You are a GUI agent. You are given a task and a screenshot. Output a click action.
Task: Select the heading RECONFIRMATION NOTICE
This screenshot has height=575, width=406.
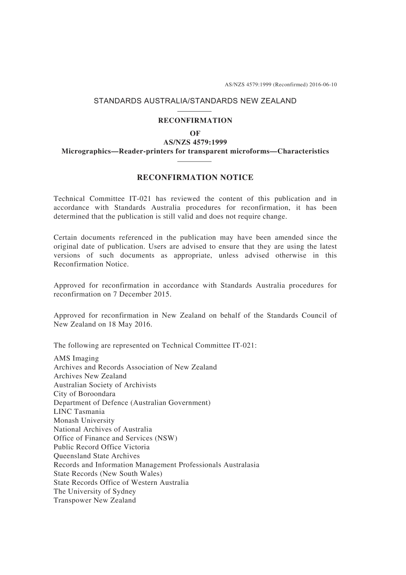coord(195,177)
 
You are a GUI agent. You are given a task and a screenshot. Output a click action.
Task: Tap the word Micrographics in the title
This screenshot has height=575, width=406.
coord(86,151)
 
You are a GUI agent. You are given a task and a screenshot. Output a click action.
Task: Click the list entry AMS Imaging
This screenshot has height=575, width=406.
coord(76,358)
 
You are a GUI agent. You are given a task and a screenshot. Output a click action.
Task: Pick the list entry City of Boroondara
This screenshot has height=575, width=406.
coord(85,394)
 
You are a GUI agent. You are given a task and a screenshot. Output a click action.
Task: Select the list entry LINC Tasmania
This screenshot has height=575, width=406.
coord(79,412)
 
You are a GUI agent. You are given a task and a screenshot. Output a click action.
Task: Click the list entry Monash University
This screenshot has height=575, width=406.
coord(84,420)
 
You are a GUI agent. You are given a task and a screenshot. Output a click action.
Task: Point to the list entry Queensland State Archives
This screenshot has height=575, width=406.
coord(97,456)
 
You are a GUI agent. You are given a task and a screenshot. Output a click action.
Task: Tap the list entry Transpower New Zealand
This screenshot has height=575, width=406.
coord(95,500)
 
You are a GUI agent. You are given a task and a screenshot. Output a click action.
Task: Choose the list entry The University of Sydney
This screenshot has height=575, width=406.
coord(95,491)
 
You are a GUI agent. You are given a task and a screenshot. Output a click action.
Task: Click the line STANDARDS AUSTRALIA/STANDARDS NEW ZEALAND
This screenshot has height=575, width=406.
coord(195,101)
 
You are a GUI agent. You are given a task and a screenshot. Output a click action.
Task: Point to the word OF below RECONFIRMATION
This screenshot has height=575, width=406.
coord(195,133)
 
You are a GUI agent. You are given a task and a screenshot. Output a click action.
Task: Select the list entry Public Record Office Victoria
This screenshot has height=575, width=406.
coord(102,447)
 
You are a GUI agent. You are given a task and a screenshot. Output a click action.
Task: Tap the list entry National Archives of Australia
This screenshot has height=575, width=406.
coord(103,429)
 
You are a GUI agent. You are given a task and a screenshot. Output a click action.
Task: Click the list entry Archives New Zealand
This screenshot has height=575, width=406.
coord(90,376)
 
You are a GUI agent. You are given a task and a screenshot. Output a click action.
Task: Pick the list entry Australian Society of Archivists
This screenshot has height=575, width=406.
coord(105,385)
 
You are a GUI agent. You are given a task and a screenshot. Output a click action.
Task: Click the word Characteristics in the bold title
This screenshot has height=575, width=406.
coord(303,151)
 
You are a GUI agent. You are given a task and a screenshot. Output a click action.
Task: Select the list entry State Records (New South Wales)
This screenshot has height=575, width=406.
coord(108,474)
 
